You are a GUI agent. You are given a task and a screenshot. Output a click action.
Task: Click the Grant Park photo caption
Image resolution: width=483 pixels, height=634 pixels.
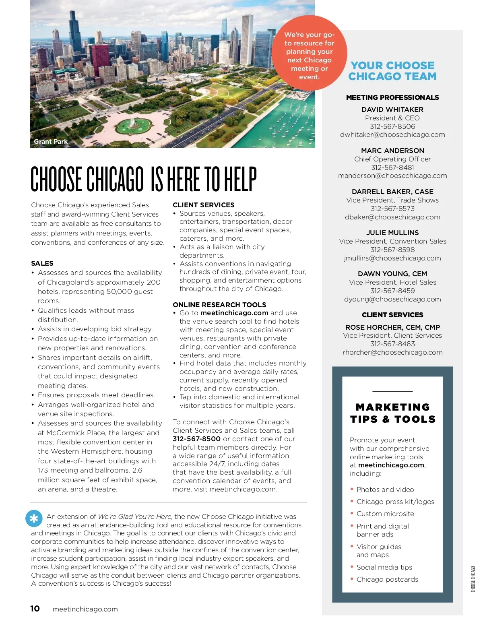51,142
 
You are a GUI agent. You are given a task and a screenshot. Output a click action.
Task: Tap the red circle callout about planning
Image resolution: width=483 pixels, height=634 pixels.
309,53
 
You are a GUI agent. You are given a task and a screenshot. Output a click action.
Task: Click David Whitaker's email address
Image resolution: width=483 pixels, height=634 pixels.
392,135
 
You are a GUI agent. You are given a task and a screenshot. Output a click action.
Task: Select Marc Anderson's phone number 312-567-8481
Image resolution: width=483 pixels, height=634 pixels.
392,167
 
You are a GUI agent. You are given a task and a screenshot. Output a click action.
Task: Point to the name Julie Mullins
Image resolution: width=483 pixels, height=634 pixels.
392,233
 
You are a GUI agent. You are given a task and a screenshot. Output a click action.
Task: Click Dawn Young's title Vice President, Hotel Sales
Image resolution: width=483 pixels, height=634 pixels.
392,282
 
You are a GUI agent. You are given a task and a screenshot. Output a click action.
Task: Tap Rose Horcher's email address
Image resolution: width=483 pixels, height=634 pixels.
392,353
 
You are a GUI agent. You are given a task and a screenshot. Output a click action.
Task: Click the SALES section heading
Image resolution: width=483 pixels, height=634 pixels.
42,263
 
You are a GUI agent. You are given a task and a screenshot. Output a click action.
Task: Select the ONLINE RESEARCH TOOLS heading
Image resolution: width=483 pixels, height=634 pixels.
219,305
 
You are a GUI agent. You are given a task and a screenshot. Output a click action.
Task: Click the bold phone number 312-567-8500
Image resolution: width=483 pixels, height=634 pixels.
196,439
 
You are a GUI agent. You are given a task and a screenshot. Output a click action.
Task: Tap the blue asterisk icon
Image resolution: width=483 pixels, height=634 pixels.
34,518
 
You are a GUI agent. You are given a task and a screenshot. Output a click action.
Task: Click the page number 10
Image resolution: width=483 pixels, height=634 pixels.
35,609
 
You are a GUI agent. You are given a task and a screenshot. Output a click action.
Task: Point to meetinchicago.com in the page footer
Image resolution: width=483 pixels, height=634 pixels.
85,609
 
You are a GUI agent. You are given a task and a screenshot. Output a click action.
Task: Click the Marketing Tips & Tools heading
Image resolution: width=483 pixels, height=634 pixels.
392,413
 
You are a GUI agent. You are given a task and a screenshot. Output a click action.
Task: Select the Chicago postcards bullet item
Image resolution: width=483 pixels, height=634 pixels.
387,580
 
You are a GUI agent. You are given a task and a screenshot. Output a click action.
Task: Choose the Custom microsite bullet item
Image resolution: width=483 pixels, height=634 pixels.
385,514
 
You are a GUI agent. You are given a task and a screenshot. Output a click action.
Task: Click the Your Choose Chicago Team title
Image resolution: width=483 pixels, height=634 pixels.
392,71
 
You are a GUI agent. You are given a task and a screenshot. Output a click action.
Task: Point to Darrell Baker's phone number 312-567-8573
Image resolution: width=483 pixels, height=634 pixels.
392,209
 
